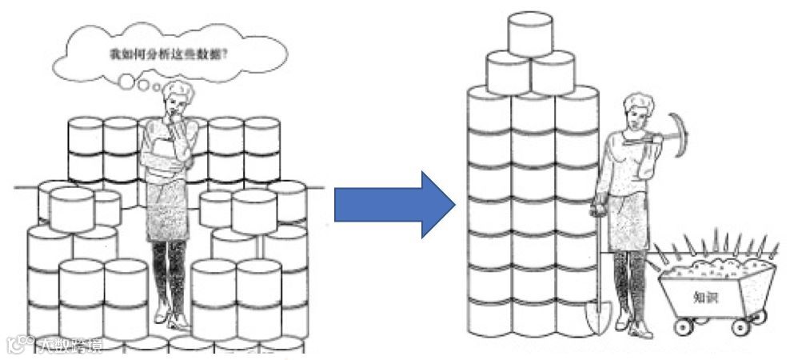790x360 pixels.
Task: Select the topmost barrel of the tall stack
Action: pyautogui.click(x=530, y=34)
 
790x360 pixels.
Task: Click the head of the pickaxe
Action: pyautogui.click(x=678, y=128)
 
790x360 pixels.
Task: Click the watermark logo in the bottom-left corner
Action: pyautogui.click(x=16, y=343)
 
